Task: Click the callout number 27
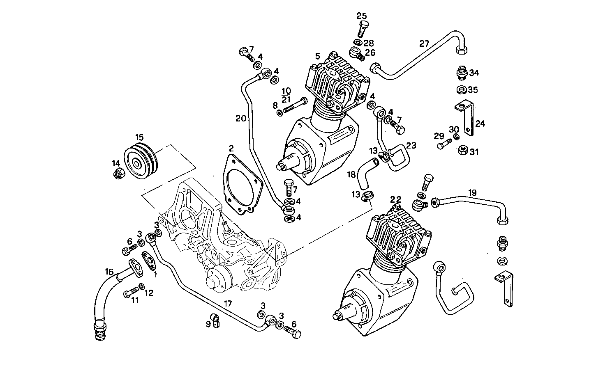coord(424,43)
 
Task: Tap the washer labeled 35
coord(461,89)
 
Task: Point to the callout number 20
coord(241,119)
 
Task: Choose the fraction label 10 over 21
coord(286,95)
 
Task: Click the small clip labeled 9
coord(216,320)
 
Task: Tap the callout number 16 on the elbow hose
coord(109,272)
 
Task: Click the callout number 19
coord(472,192)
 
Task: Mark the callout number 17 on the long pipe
coord(228,304)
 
